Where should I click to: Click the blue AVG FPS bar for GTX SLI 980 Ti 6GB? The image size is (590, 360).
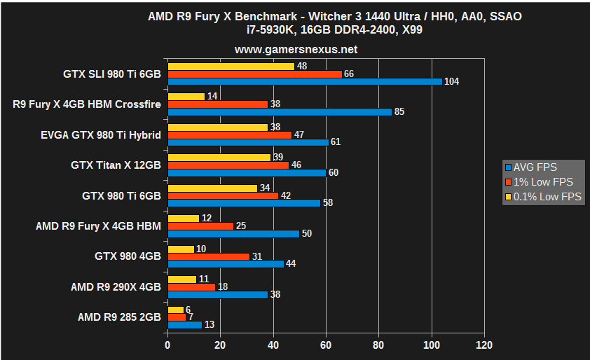(x=305, y=81)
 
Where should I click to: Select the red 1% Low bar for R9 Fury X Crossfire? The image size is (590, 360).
(x=218, y=104)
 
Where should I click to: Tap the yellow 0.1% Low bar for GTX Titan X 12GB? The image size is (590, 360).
(x=219, y=157)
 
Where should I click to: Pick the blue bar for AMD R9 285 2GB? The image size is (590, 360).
(x=184, y=325)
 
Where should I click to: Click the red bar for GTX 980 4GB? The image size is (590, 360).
(x=208, y=256)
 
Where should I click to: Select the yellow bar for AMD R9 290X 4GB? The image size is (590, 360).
(x=181, y=279)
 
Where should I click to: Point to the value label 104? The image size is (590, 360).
(x=452, y=82)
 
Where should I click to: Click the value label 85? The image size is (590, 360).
(x=400, y=111)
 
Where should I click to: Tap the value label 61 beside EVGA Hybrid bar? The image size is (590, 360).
(x=336, y=142)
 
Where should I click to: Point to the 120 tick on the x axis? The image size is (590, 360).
(x=483, y=345)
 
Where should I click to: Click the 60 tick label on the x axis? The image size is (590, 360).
(x=326, y=345)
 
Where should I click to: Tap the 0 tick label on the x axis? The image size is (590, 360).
(x=167, y=345)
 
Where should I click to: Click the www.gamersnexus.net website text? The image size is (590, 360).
(x=296, y=50)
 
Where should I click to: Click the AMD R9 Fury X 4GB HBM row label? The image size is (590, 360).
(x=98, y=226)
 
